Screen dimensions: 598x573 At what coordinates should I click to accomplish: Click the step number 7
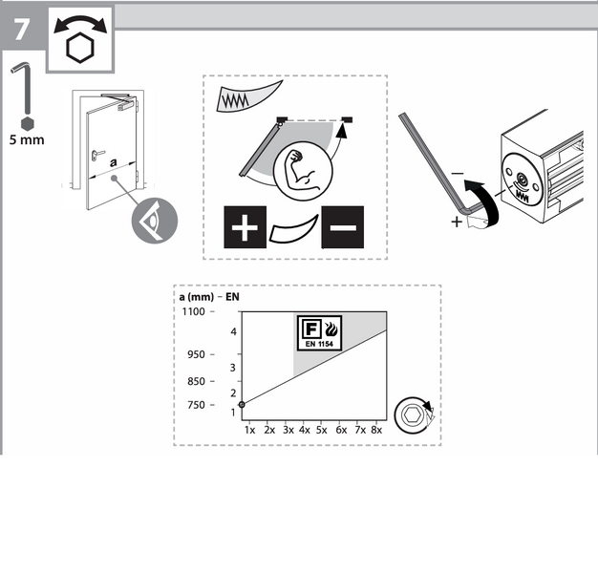(x=21, y=30)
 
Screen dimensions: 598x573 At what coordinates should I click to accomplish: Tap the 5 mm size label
(x=27, y=140)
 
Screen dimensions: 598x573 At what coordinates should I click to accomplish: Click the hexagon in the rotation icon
(x=79, y=48)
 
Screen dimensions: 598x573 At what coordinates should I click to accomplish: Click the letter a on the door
(x=114, y=162)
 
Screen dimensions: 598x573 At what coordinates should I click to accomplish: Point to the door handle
(x=97, y=154)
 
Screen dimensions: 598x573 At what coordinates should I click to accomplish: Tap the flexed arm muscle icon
(x=303, y=171)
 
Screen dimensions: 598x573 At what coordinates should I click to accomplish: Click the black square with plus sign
(x=245, y=227)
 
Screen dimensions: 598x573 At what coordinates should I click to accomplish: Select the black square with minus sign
(x=343, y=227)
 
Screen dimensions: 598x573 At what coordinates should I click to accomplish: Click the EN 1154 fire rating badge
(x=320, y=333)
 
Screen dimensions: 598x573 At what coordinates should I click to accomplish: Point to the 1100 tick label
(x=193, y=311)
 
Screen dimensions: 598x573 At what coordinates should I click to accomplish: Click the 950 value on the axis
(x=196, y=354)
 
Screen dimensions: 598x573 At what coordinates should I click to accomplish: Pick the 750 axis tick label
(x=196, y=405)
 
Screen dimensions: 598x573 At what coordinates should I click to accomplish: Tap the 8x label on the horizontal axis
(x=376, y=430)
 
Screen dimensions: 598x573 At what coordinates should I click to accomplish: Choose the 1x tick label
(x=249, y=430)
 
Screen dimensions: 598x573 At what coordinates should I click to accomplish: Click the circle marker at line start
(x=242, y=404)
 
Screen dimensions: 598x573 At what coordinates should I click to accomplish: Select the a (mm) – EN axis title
(x=209, y=297)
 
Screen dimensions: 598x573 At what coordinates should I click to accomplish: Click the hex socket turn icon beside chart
(x=414, y=415)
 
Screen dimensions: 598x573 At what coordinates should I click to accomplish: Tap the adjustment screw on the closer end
(x=521, y=177)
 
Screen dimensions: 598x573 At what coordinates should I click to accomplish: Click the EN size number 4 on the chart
(x=233, y=331)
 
